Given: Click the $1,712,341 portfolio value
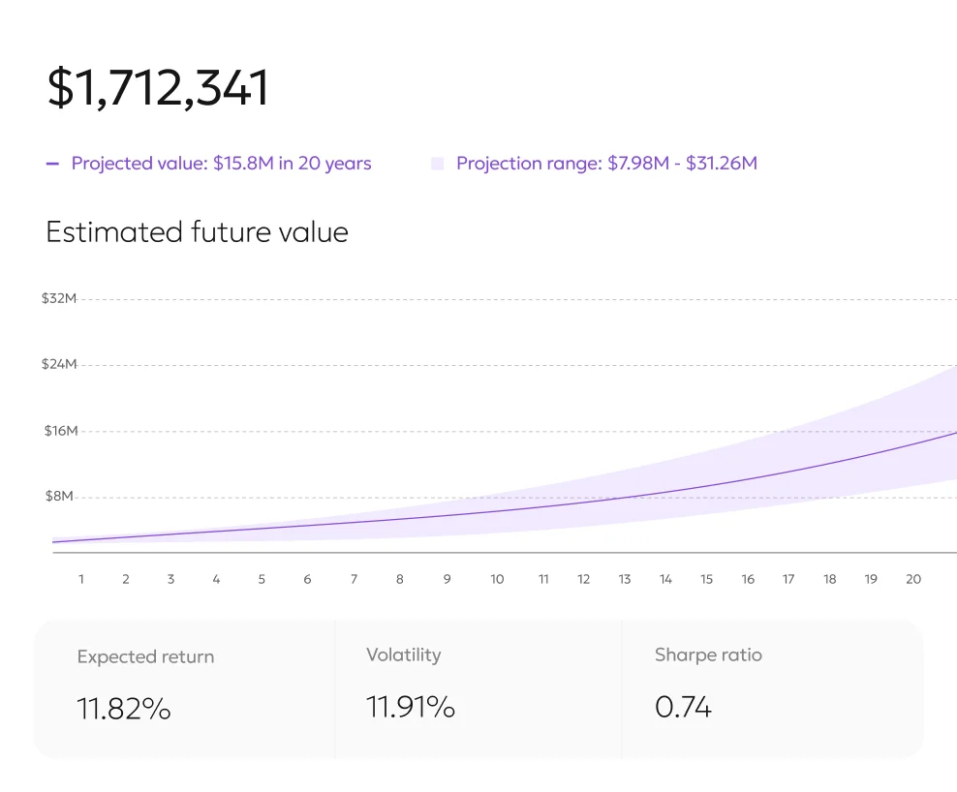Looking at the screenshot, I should (158, 88).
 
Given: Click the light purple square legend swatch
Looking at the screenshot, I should (438, 164).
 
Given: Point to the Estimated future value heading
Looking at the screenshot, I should (197, 232).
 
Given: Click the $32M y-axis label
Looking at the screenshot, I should (58, 298).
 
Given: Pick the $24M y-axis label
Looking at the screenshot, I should (58, 364).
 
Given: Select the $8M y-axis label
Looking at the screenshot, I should (60, 497).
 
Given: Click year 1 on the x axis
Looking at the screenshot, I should (81, 579).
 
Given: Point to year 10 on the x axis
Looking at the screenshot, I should (497, 579).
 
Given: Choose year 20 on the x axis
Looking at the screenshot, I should (913, 579).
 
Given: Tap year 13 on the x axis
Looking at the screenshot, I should (625, 579).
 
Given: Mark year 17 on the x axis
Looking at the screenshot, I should (788, 579).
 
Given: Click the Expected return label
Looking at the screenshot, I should (145, 656).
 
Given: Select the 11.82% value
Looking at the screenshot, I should (124, 709).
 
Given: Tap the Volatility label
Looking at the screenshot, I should (403, 655).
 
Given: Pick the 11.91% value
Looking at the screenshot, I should (411, 707).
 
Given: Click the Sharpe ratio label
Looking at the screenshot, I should (708, 655).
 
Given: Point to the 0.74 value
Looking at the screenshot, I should (683, 707).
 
